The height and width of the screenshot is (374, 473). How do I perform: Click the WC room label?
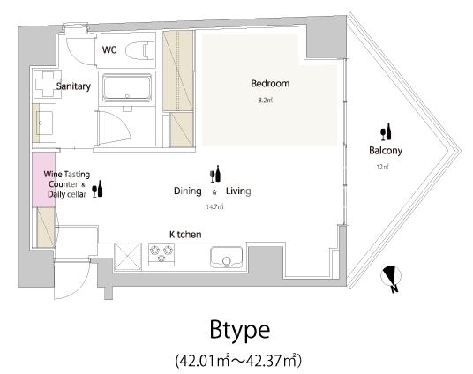tap(109, 49)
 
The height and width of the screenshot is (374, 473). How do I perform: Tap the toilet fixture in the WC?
tap(139, 50)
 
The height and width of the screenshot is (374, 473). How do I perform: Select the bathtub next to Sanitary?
tap(127, 88)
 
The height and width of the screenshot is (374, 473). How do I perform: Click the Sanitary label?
tap(73, 86)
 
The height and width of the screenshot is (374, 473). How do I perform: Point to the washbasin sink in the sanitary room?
tap(44, 123)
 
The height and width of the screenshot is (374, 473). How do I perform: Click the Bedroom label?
tap(270, 83)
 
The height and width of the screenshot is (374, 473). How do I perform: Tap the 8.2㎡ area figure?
tap(266, 101)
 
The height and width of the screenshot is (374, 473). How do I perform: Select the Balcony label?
tap(386, 151)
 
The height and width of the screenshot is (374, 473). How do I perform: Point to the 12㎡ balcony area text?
tap(382, 167)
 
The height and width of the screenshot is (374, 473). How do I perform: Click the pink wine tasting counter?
tap(44, 179)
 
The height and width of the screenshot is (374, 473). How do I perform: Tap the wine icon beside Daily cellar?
tap(97, 189)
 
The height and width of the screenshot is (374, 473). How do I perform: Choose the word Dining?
tap(188, 191)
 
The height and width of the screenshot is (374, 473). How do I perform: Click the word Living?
tap(238, 191)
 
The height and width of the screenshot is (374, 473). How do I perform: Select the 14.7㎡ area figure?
tap(214, 207)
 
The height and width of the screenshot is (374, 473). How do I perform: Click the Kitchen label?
tap(185, 235)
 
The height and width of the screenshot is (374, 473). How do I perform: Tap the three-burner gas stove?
tap(161, 255)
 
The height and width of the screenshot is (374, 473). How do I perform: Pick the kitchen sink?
tap(226, 257)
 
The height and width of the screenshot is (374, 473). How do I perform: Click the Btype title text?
tap(240, 331)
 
